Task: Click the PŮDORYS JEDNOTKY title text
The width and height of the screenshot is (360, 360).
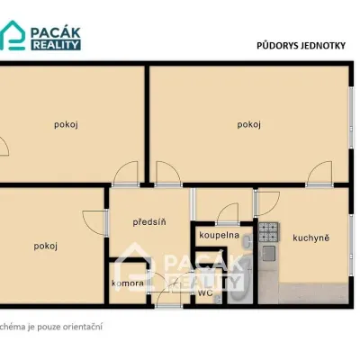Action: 301,46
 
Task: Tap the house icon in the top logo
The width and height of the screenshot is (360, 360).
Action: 13,35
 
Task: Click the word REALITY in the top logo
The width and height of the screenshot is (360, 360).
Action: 56,45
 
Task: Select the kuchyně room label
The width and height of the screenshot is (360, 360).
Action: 311,238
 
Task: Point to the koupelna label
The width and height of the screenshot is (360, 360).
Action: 219,235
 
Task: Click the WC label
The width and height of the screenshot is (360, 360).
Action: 205,292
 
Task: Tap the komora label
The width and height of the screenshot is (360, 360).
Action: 128,283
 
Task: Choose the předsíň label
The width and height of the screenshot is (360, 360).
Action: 149,222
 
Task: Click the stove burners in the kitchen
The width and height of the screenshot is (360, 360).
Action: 269,232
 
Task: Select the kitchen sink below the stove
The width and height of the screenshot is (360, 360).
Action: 269,253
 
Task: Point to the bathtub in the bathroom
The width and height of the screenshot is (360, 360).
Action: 239,279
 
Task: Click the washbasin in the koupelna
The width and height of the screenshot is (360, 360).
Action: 247,242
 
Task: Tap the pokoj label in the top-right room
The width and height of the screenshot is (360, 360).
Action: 249,124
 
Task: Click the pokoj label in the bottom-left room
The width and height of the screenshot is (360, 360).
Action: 46,246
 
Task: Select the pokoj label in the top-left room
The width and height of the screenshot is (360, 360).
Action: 66,124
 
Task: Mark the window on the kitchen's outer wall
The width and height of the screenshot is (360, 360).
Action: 351,245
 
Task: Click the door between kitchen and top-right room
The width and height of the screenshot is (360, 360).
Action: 319,174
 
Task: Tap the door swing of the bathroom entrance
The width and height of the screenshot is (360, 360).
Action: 228,213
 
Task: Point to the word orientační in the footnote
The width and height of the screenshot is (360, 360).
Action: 83,327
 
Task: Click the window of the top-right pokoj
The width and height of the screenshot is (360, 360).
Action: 351,118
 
